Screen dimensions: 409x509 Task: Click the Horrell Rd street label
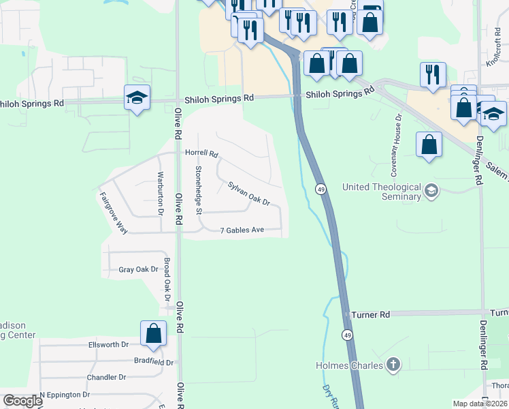(201, 153)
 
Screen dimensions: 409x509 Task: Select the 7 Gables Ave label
(242, 230)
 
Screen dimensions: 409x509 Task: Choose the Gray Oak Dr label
(138, 269)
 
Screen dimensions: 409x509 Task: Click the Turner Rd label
(371, 315)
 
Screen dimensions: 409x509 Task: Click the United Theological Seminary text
(381, 192)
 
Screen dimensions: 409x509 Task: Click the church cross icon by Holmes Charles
(392, 365)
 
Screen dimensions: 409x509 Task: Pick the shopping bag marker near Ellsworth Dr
(154, 333)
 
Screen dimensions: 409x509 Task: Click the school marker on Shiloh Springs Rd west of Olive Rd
(137, 98)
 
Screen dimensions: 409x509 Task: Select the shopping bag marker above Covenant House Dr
(429, 145)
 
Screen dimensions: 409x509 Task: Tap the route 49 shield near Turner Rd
(347, 335)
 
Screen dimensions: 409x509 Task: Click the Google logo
(22, 401)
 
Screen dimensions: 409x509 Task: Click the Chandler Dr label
(106, 377)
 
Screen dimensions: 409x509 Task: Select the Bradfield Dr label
(153, 362)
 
